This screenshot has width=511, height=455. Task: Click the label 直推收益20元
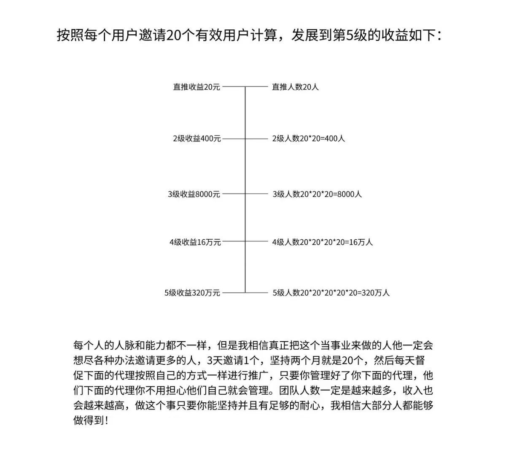coord(196,87)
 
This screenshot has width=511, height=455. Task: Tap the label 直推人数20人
coord(295,87)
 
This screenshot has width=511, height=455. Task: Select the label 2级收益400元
coord(197,138)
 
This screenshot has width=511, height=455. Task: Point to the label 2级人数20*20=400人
coord(308,138)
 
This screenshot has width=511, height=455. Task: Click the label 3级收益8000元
coord(194,194)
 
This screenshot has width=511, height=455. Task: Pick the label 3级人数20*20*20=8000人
coord(317,194)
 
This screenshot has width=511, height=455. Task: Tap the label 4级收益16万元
coord(195,242)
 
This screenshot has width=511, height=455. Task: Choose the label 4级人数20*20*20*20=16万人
coord(323,242)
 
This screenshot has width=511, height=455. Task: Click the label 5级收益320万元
coord(192,292)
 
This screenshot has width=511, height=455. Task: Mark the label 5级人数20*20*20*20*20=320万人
coord(331,292)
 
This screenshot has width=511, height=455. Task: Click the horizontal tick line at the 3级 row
coord(245,194)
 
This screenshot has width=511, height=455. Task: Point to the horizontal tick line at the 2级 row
coord(245,138)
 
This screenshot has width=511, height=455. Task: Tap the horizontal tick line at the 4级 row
coord(245,242)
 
